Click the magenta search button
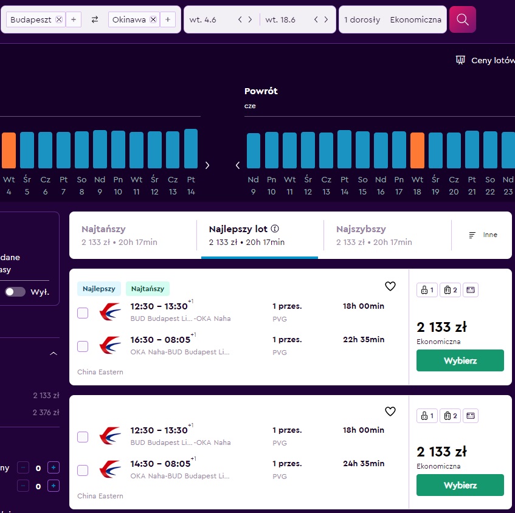(x=463, y=19)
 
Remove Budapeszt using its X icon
(x=59, y=19)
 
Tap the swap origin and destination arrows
(x=95, y=19)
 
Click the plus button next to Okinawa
(x=168, y=19)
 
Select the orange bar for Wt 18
(x=417, y=150)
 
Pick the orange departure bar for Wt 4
(x=9, y=150)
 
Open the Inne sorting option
(x=483, y=235)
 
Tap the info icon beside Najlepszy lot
(x=275, y=229)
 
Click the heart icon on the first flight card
(x=390, y=286)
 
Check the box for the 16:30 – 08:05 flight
(x=83, y=346)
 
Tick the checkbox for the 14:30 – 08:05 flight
(x=83, y=470)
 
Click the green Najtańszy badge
(x=148, y=289)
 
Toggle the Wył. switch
(x=15, y=292)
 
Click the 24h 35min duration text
(x=364, y=463)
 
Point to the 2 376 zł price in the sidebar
(x=46, y=412)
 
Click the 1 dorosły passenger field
(x=362, y=19)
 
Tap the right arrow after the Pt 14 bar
(x=207, y=165)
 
